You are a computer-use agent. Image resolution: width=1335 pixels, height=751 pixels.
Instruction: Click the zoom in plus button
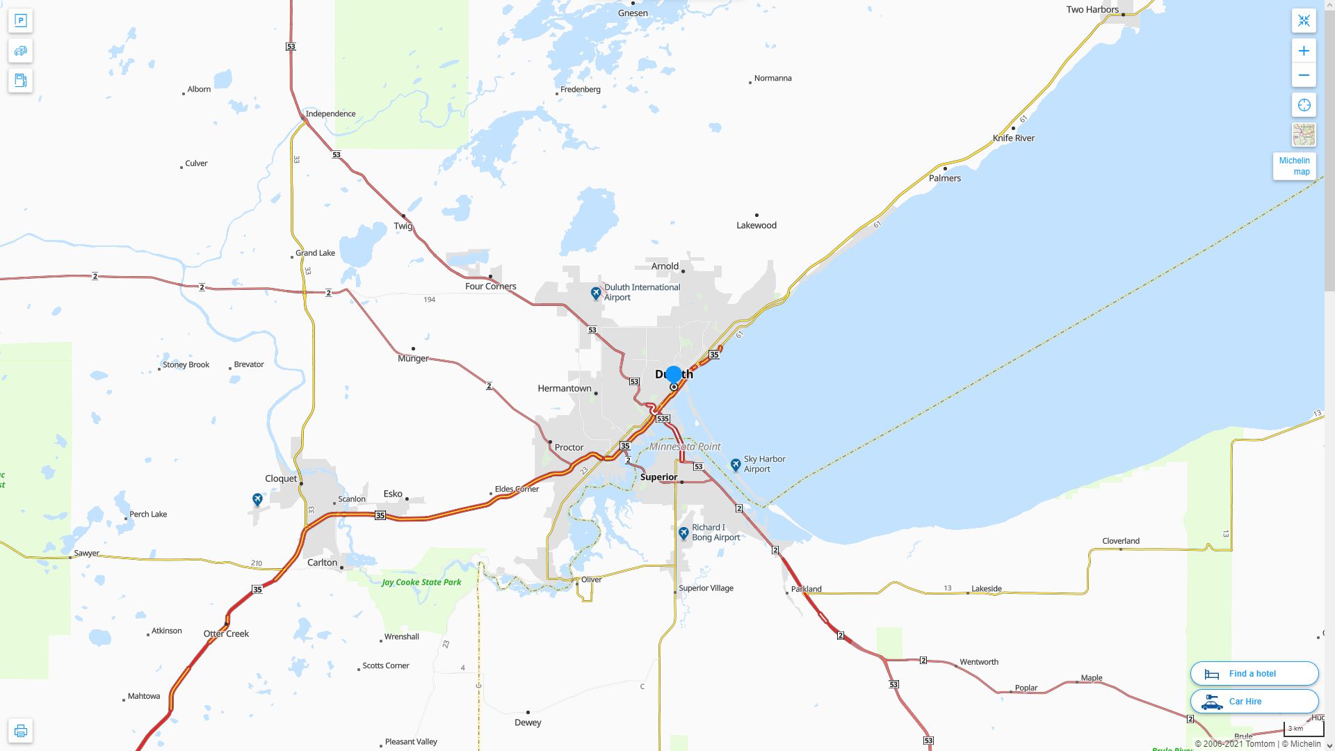click(1304, 51)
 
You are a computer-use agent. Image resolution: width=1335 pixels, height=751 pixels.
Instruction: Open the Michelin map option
click(1294, 166)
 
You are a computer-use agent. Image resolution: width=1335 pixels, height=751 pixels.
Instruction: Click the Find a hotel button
click(1254, 673)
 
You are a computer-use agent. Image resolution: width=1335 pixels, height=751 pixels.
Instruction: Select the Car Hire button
click(1254, 701)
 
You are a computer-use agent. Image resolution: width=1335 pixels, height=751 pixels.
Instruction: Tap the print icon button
click(20, 731)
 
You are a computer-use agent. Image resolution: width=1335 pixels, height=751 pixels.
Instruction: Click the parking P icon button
click(20, 21)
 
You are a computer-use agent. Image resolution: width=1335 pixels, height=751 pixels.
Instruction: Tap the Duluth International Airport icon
click(596, 293)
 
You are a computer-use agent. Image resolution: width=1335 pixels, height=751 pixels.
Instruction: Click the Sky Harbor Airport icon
click(736, 465)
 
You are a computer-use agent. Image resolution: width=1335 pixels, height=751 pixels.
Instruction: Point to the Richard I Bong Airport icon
click(683, 533)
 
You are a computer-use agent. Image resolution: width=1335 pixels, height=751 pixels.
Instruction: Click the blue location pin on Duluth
click(673, 375)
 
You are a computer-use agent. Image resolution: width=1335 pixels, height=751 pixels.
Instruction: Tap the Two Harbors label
click(1092, 10)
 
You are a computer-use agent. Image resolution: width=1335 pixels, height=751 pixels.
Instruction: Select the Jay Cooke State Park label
click(421, 582)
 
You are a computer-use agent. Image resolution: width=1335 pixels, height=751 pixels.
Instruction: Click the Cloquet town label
click(281, 478)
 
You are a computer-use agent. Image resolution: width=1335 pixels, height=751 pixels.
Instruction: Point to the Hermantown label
click(564, 388)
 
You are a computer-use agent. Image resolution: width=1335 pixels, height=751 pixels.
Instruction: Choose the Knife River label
click(1013, 138)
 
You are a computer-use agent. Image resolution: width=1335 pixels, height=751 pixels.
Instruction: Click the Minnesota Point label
click(685, 446)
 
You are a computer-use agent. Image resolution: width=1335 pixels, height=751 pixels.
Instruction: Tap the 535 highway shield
click(663, 419)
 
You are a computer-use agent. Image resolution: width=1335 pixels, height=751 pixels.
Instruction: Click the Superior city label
click(658, 477)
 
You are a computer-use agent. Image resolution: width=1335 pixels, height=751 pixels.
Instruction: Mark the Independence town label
click(330, 113)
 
